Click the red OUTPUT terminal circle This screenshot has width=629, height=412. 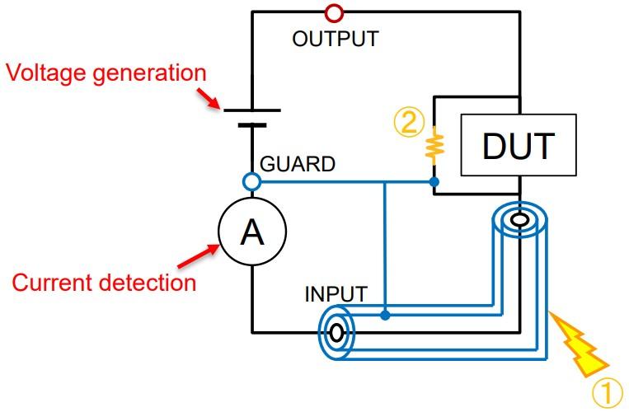pyautogui.click(x=334, y=12)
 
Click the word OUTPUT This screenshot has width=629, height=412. pyautogui.click(x=335, y=39)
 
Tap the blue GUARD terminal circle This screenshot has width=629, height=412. pyautogui.click(x=251, y=181)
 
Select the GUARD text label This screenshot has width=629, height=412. pyautogui.click(x=298, y=164)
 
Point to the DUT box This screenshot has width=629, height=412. pyautogui.click(x=519, y=147)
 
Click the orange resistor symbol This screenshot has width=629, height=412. pyautogui.click(x=434, y=146)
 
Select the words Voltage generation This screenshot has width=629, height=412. pyautogui.click(x=106, y=73)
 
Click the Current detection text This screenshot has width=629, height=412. pyautogui.click(x=104, y=283)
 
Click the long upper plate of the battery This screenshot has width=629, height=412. pyautogui.click(x=251, y=110)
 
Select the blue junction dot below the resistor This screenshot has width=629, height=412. pyautogui.click(x=434, y=181)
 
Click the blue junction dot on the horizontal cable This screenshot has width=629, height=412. pyautogui.click(x=386, y=315)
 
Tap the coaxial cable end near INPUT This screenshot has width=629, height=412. pyautogui.click(x=336, y=332)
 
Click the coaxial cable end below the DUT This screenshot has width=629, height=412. pyautogui.click(x=519, y=220)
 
